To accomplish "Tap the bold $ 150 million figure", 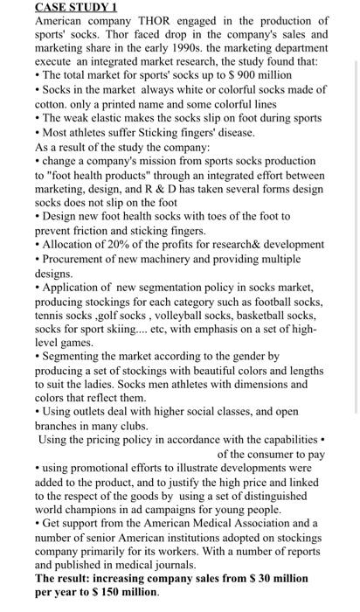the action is point(122,592).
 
